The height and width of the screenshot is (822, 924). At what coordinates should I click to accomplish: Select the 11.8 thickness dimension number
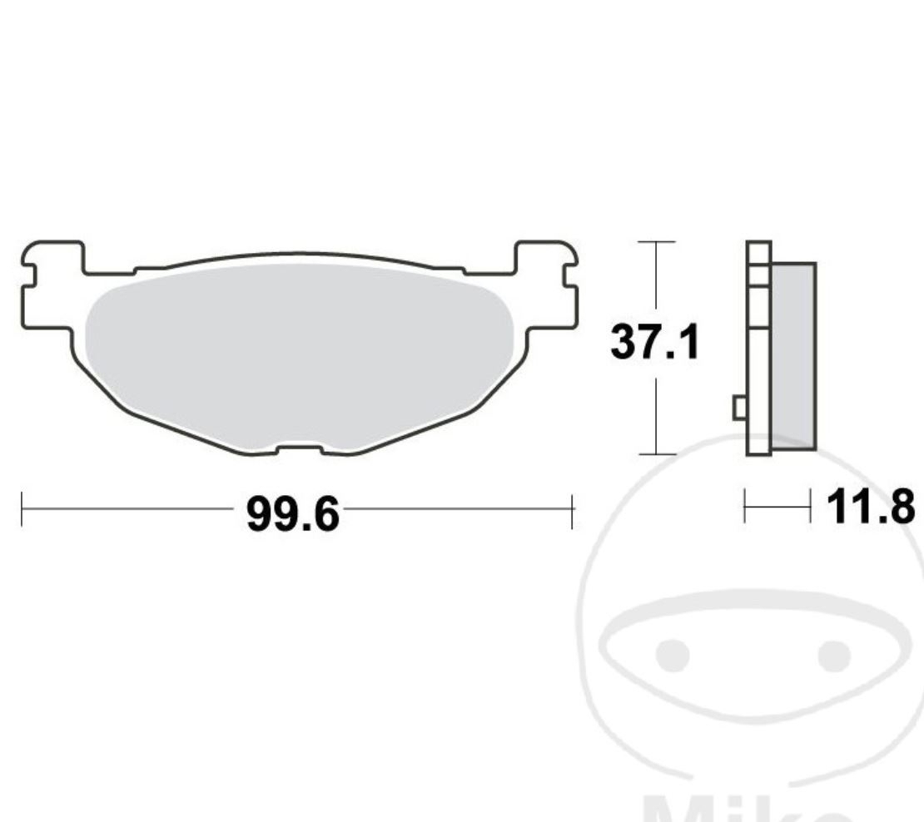point(870,506)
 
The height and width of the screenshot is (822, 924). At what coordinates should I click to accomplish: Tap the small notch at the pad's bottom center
point(299,450)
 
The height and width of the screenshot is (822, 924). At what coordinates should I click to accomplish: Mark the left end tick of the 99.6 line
point(22,510)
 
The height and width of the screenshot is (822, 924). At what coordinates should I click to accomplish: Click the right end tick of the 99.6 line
point(572,510)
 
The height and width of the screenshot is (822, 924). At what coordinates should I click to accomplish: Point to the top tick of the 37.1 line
point(657,242)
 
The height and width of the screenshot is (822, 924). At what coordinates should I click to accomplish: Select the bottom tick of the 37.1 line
point(657,454)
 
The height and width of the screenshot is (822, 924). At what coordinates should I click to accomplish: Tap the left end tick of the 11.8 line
point(745,506)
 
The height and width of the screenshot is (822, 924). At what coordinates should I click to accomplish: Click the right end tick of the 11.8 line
point(810,506)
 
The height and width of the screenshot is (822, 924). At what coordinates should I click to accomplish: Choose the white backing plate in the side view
point(759,349)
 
